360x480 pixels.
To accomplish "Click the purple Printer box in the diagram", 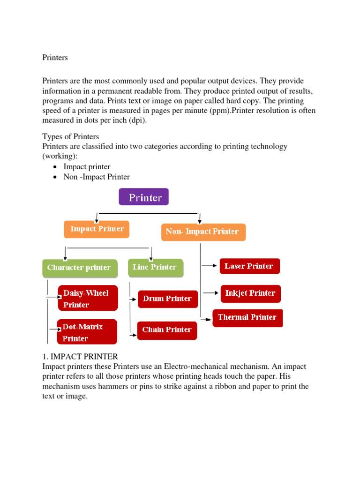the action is (x=143, y=197).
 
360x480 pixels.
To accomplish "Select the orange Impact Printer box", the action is (x=97, y=229).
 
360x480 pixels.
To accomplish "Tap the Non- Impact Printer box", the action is (x=203, y=232).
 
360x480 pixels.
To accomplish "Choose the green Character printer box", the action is (x=79, y=268).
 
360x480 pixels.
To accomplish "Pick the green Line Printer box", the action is (x=156, y=267).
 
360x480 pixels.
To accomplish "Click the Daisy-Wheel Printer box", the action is (x=88, y=299).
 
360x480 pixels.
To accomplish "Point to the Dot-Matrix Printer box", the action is (x=87, y=332).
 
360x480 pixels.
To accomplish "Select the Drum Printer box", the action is (x=168, y=299).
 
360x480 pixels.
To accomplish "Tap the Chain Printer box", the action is (x=167, y=330).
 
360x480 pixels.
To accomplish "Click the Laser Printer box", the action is (x=249, y=266).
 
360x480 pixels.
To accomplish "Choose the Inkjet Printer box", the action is (x=251, y=293).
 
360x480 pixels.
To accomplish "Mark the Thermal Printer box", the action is (x=247, y=317).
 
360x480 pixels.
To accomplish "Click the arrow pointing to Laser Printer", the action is (x=210, y=266).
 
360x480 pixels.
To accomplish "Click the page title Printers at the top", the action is (x=55, y=58).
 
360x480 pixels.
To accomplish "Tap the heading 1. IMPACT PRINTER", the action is (x=80, y=357).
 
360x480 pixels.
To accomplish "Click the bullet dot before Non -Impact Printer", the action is (x=56, y=177).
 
